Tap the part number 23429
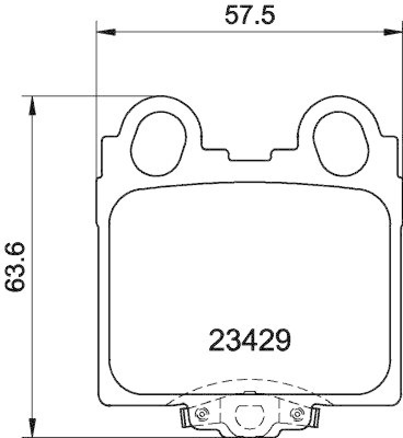(x=249, y=341)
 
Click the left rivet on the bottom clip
(x=200, y=413)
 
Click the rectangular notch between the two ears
(x=249, y=156)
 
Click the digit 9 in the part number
(x=280, y=341)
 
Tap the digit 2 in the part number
(x=219, y=341)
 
